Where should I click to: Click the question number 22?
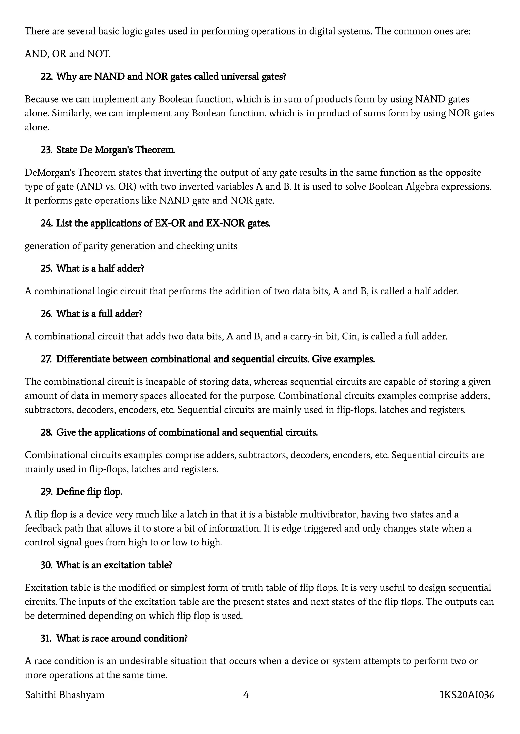pyautogui.click(x=46, y=77)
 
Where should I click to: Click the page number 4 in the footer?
pyautogui.click(x=246, y=695)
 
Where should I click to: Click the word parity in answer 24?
pyautogui.click(x=96, y=246)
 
